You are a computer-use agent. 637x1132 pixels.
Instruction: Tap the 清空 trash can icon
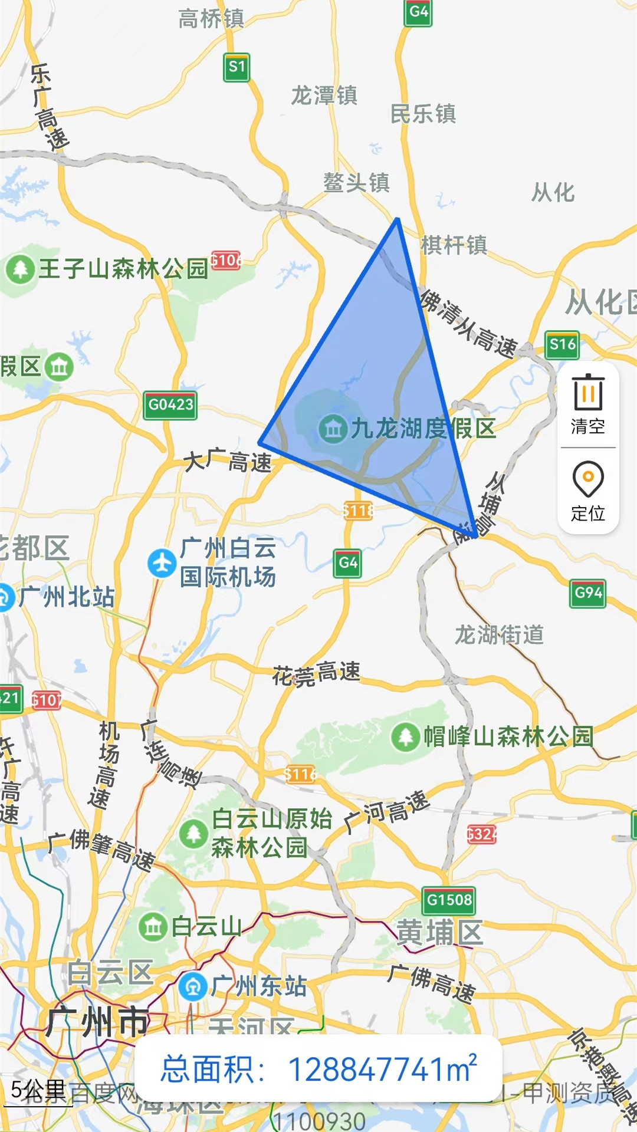[x=587, y=392]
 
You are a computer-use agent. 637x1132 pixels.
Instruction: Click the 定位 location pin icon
[x=587, y=479]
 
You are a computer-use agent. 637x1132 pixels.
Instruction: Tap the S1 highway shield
[x=237, y=67]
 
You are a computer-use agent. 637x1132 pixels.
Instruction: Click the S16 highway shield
[x=562, y=345]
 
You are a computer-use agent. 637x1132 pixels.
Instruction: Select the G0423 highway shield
[x=170, y=405]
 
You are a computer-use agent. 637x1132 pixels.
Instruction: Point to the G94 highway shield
[x=587, y=593]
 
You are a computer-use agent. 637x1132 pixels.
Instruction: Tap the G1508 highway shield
[x=449, y=900]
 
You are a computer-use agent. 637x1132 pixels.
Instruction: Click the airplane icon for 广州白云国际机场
[x=162, y=563]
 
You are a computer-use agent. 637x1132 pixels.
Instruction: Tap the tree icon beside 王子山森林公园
[x=21, y=269]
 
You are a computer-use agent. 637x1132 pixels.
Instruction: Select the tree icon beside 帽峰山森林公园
[x=405, y=736]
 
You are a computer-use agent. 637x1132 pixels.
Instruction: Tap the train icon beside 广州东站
[x=193, y=986]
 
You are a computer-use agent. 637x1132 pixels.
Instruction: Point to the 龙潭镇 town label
[x=324, y=96]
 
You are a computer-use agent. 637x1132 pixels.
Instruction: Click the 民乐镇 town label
[x=423, y=114]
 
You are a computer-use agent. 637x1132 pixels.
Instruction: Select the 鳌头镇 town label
[x=356, y=182]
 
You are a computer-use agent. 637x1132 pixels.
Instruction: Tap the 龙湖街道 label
[x=499, y=635]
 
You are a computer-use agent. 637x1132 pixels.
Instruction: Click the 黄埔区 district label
[x=439, y=933]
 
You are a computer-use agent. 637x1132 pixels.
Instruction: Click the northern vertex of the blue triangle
[x=398, y=220]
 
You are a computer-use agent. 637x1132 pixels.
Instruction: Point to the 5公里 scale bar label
[x=38, y=1091]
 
